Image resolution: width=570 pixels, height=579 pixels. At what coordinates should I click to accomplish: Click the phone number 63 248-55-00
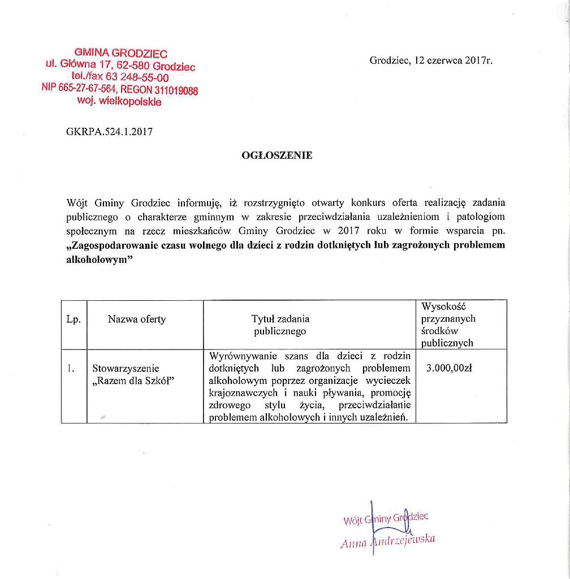pyautogui.click(x=136, y=77)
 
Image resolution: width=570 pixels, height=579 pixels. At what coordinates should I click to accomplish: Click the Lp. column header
pyautogui.click(x=74, y=319)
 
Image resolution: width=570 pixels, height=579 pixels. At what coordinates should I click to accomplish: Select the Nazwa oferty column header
pyautogui.click(x=137, y=319)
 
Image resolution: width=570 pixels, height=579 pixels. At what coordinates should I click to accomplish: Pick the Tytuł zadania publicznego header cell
pyautogui.click(x=280, y=325)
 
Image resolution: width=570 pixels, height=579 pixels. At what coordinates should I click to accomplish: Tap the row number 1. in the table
pyautogui.click(x=71, y=368)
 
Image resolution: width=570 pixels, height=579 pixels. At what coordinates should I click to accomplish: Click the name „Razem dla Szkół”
pyautogui.click(x=132, y=381)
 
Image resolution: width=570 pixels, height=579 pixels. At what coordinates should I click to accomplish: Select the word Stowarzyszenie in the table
pyautogui.click(x=126, y=368)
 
